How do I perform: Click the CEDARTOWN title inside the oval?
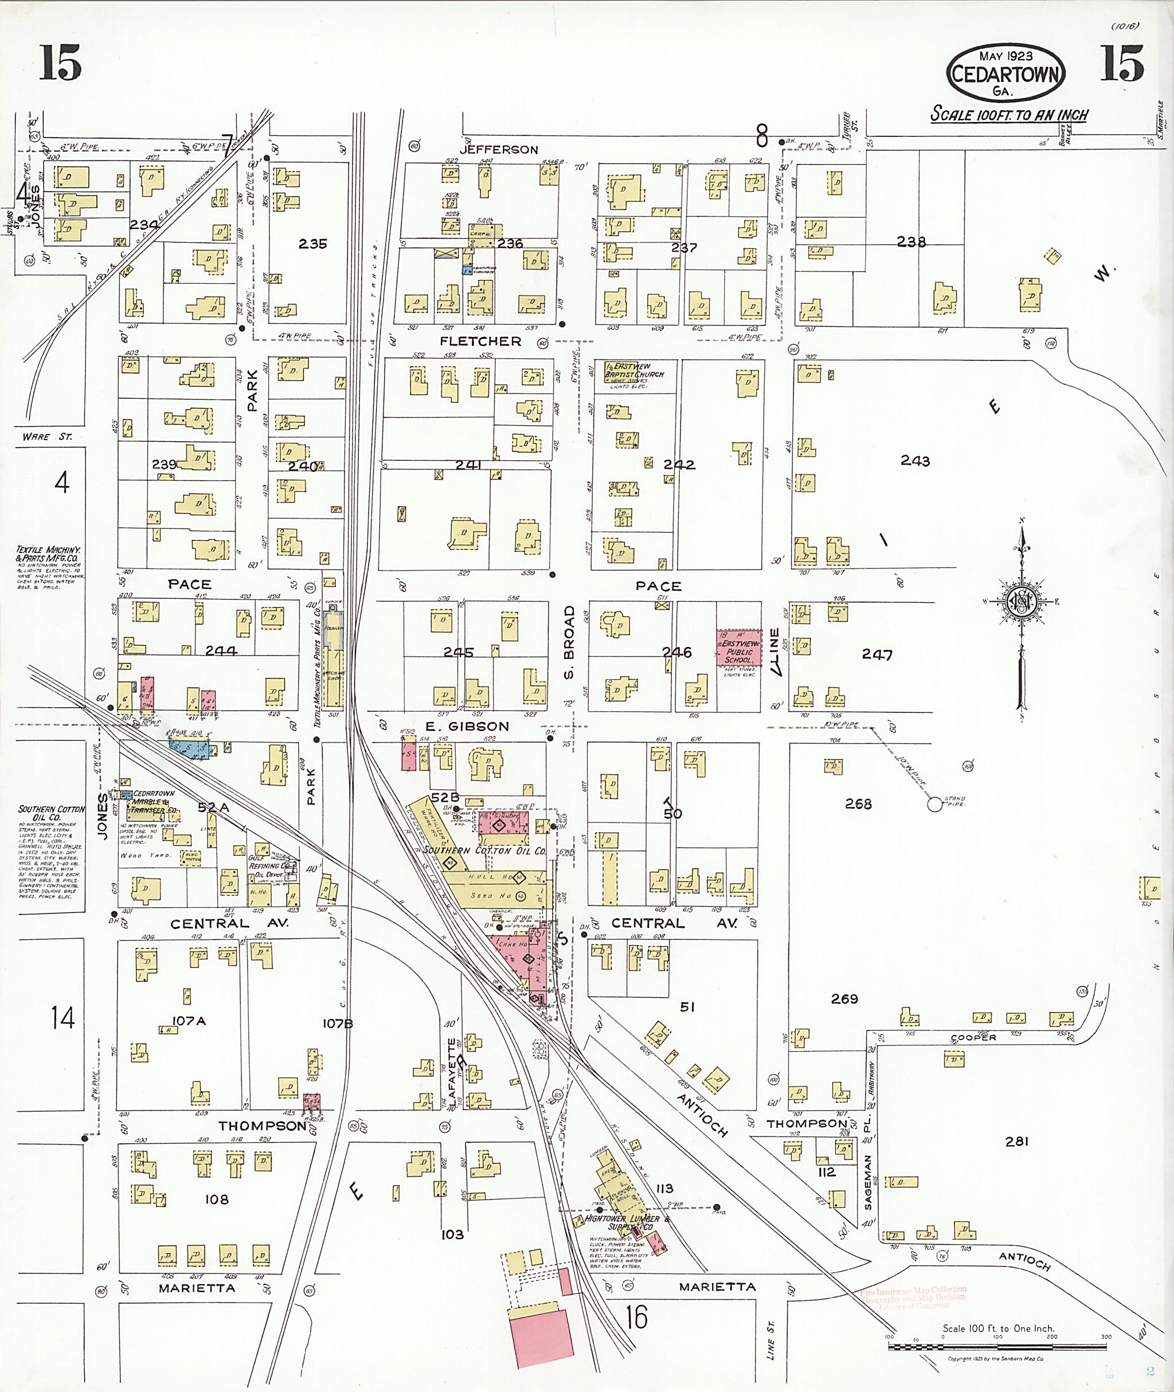[x=1005, y=74]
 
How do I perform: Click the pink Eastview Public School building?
[x=738, y=648]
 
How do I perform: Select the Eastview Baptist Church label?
[x=634, y=371]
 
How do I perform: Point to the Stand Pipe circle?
[x=934, y=805]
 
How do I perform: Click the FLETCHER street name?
[x=480, y=342]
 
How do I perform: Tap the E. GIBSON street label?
[x=467, y=727]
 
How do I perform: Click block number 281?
[x=1017, y=1142]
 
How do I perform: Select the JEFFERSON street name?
[x=499, y=150]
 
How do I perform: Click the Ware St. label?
[x=46, y=437]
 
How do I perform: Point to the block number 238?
[x=911, y=242]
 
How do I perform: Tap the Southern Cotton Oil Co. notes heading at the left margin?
[x=51, y=813]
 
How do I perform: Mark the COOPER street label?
[x=974, y=1037]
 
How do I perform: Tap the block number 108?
[x=217, y=1199]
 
